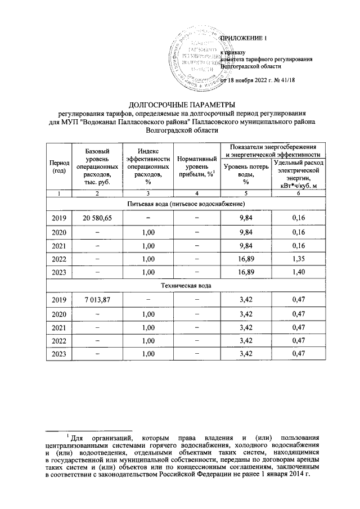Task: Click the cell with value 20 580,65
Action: [x=97, y=218]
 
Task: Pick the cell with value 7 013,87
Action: [x=97, y=300]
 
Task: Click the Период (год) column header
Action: [x=59, y=166]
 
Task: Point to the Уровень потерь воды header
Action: [x=246, y=174]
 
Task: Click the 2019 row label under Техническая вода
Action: [x=59, y=300]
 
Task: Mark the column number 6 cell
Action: [x=299, y=193]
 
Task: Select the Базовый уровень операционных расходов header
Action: [x=97, y=167]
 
